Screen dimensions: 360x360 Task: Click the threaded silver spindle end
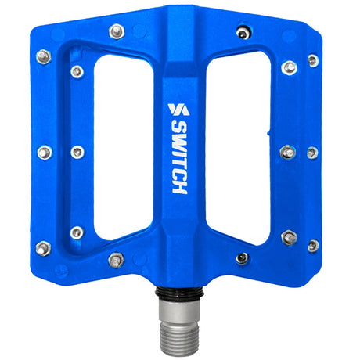pos(180,322)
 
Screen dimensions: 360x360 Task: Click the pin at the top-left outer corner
pos(44,56)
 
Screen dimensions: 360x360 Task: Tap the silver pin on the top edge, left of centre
pos(117,31)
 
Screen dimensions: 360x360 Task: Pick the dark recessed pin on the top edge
pos(243,32)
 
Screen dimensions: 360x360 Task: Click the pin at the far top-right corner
pos(313,60)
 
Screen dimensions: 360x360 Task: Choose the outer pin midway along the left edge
pos(45,152)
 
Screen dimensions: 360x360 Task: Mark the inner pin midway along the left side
pos(77,152)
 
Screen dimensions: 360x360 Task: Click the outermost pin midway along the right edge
pos(312,153)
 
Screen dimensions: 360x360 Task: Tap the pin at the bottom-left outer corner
pos(45,247)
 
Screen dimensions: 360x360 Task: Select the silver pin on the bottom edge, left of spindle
pos(117,259)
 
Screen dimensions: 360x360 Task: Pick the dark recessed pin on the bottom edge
pos(243,258)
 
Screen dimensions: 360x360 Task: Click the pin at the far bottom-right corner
pos(313,245)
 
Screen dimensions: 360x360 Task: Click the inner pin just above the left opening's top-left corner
pos(77,72)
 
